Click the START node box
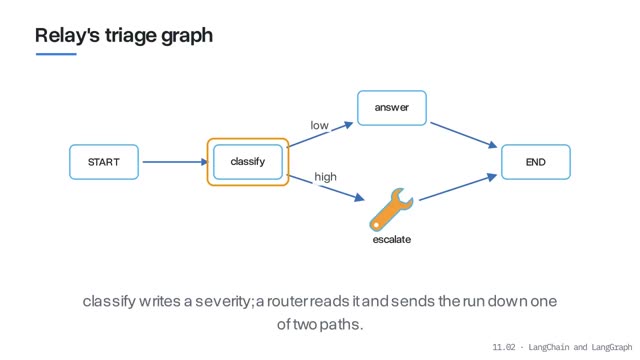pos(104,162)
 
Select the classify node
pos(248,162)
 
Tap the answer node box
pos(392,108)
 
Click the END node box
pos(536,162)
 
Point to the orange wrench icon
pos(391,209)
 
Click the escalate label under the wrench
pos(391,239)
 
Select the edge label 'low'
pos(319,125)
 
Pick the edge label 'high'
pos(325,177)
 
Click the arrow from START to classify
pos(176,162)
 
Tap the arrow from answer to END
pos(464,135)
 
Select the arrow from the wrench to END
pos(458,187)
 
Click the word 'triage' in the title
pos(131,35)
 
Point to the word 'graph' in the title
pos(187,36)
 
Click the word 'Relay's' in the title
pos(67,35)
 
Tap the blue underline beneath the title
pos(56,54)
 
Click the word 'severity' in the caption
pos(224,301)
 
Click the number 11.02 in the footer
pos(504,347)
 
